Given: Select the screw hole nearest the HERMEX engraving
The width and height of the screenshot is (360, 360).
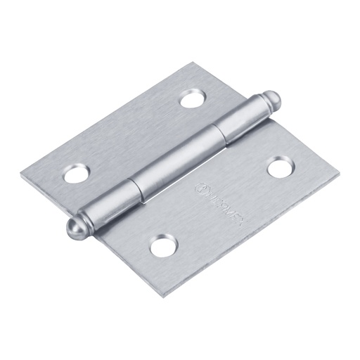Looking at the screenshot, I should (x=279, y=167).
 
